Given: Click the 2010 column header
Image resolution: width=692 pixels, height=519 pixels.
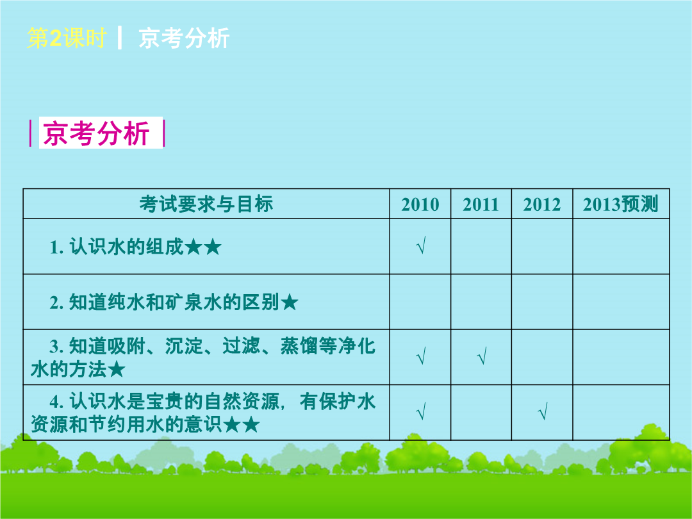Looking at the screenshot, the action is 420,204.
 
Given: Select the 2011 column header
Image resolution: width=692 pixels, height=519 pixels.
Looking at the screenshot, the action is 481,204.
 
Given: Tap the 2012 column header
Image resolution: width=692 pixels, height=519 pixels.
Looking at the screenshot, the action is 542,204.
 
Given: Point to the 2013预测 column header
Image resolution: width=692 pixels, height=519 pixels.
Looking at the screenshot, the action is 620,204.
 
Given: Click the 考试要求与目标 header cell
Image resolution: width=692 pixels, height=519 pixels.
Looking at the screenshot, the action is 206,204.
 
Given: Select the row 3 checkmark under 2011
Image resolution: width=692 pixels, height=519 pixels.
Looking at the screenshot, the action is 482,356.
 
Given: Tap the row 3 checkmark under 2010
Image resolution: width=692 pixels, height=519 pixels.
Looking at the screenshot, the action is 421,356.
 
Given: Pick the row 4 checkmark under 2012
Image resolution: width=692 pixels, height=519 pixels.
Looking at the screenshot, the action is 543,411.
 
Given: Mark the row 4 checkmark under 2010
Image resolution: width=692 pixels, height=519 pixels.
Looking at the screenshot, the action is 421,411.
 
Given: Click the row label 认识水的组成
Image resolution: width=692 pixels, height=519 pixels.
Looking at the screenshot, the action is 126,247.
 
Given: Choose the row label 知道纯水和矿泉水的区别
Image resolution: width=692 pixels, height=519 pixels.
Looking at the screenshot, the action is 174,302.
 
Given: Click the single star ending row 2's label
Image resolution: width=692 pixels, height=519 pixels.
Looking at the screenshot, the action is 290,302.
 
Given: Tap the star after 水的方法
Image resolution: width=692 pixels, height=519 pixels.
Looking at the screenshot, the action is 117,370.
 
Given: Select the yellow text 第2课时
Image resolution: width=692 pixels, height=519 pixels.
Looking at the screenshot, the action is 67,38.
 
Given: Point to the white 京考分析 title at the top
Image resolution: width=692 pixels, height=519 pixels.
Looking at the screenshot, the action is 184,38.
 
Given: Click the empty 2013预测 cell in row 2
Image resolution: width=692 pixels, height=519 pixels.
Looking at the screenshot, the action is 621,302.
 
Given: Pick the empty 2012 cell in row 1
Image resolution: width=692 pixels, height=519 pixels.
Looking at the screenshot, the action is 542,246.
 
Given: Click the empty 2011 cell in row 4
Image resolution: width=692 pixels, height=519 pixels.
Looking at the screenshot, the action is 481,413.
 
